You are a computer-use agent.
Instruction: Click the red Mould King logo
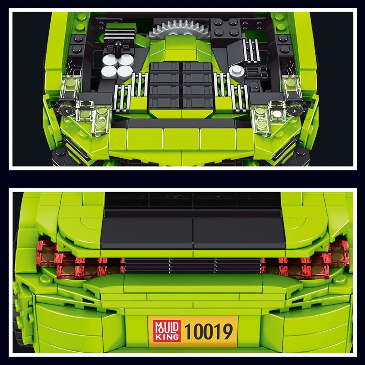(167, 331)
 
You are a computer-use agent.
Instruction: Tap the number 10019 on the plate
(209, 332)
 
